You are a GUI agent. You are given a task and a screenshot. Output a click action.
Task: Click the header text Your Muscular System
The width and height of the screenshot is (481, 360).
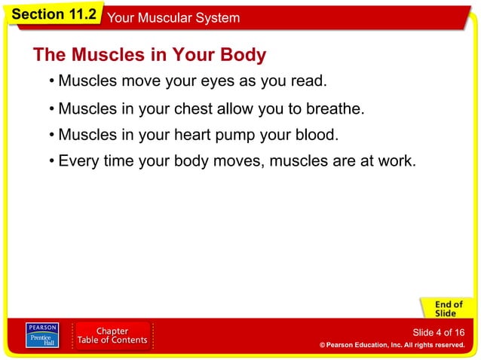pyautogui.click(x=174, y=17)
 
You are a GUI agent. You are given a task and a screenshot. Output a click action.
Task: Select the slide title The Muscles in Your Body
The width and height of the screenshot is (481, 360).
pyautogui.click(x=149, y=55)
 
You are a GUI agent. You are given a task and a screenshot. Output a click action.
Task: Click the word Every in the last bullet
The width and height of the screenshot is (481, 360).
pyautogui.click(x=78, y=161)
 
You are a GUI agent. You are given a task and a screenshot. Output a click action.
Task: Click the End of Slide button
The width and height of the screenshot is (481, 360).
pyautogui.click(x=445, y=307)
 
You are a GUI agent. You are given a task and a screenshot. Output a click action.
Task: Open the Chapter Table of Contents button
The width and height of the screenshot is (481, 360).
pyautogui.click(x=113, y=336)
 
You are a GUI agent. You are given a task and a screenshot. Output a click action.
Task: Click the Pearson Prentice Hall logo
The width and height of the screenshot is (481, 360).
pyautogui.click(x=41, y=336)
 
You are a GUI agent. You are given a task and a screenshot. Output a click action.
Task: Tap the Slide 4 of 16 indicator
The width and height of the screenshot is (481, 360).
pyautogui.click(x=438, y=332)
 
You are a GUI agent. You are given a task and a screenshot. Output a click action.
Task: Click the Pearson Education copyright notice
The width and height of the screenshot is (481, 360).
pyautogui.click(x=391, y=345)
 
